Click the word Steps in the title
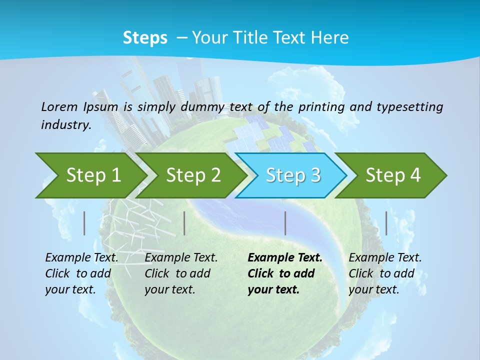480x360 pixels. [x=145, y=37]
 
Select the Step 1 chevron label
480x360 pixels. [x=94, y=175]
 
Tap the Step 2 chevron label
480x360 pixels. [x=193, y=175]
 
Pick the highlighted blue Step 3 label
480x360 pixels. [x=293, y=175]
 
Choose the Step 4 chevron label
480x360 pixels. [x=393, y=175]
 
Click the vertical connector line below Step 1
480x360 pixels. [x=84, y=223]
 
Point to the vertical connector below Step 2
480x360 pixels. [x=184, y=223]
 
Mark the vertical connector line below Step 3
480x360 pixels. [x=285, y=223]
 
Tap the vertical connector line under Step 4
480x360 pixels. [x=386, y=223]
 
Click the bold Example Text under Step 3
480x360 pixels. [x=285, y=273]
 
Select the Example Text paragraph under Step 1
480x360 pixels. [x=81, y=273]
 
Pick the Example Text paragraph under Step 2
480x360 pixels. [x=181, y=273]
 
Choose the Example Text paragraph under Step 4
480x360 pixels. [x=385, y=273]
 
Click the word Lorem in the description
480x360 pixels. [x=59, y=106]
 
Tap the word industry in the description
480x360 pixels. [x=66, y=124]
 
